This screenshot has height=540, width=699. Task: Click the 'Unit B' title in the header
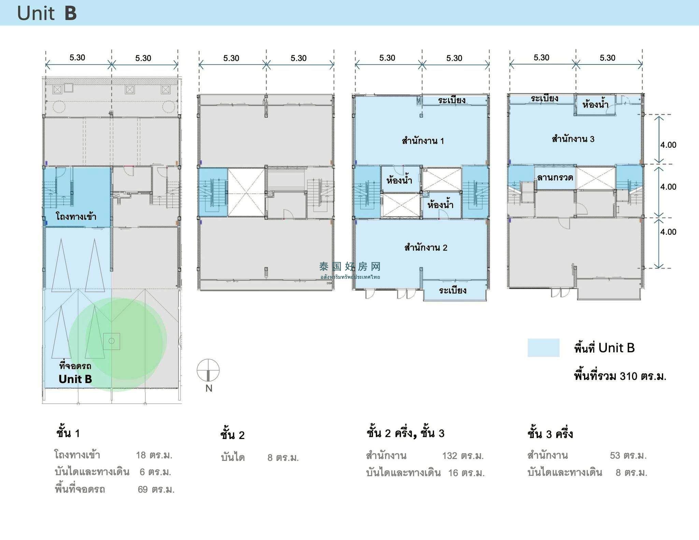tap(47, 13)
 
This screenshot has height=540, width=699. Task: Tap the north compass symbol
tap(208, 370)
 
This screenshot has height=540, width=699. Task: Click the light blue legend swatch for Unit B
tap(543, 348)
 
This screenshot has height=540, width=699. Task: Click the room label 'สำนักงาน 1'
tap(423, 141)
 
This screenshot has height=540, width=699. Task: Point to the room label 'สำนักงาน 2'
tap(426, 247)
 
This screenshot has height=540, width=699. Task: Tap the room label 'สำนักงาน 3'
tap(573, 139)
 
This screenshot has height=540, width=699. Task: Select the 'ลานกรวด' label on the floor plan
tap(555, 177)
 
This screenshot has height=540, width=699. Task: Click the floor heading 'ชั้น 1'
tap(68, 433)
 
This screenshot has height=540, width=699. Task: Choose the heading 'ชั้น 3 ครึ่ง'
tap(550, 434)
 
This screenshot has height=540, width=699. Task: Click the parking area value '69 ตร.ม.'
tap(156, 490)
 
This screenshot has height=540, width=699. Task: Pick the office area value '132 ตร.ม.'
tap(463, 456)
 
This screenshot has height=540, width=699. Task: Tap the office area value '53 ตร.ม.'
tap(628, 455)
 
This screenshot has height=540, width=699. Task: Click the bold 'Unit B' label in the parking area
tap(75, 379)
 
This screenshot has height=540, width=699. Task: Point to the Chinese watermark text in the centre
tap(350, 266)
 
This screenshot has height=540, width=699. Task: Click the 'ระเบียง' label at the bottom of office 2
tap(453, 290)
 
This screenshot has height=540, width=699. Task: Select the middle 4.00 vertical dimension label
tap(668, 187)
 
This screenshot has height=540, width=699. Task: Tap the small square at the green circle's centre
tap(111, 341)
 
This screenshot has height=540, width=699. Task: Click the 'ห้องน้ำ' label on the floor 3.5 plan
tap(595, 104)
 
